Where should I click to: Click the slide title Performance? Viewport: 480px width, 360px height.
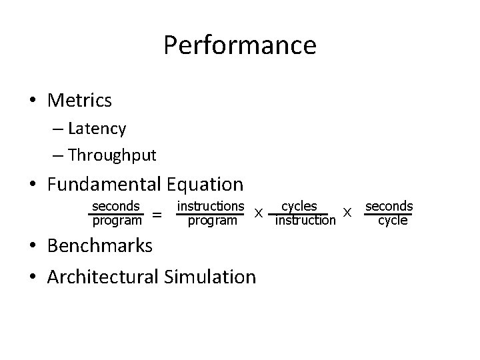click(239, 45)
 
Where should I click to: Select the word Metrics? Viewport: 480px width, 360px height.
click(79, 101)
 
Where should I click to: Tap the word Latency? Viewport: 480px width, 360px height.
click(97, 127)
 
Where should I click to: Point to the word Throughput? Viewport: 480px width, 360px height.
click(112, 155)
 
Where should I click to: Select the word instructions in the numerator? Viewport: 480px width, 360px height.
click(210, 207)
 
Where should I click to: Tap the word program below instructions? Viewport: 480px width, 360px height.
click(212, 221)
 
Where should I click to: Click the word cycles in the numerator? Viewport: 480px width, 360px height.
click(299, 207)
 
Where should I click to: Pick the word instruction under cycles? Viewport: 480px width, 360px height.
click(305, 221)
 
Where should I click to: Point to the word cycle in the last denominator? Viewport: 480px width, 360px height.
click(393, 221)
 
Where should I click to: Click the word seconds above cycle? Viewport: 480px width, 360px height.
click(389, 207)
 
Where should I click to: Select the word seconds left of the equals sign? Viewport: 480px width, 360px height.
click(116, 207)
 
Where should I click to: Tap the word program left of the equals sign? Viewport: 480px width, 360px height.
click(117, 220)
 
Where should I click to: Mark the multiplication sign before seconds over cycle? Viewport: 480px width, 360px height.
click(347, 213)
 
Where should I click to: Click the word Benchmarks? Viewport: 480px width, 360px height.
click(100, 245)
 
